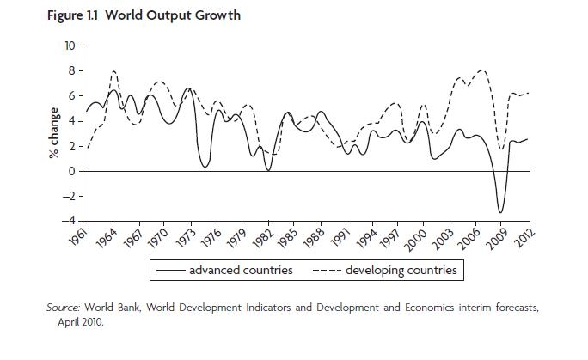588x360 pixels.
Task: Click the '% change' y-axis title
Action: (53, 133)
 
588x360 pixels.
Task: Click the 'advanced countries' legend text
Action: (241, 271)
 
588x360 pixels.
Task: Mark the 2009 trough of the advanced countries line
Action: (500, 212)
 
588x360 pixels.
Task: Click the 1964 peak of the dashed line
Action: (113, 71)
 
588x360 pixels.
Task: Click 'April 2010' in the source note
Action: (82, 322)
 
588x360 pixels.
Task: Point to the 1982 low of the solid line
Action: (268, 170)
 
